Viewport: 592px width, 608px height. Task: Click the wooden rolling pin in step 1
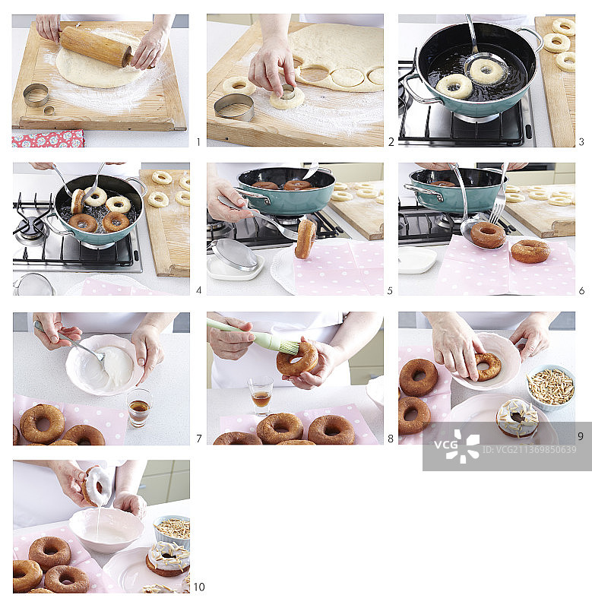tap(97, 46)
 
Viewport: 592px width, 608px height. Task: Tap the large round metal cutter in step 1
tap(36, 95)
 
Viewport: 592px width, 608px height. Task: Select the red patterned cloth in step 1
tap(48, 138)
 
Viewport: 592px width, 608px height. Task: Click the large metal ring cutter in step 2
tap(234, 107)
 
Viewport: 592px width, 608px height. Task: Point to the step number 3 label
tap(581, 142)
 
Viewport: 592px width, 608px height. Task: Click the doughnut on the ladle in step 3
tap(486, 71)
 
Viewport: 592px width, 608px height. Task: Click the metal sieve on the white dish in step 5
tap(235, 255)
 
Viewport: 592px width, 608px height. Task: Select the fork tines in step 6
tap(496, 213)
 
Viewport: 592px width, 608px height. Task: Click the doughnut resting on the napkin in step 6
tap(530, 252)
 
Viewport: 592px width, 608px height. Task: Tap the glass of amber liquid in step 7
tap(139, 407)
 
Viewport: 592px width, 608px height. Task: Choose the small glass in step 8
tap(261, 396)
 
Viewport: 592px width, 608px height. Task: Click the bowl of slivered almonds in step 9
tap(550, 386)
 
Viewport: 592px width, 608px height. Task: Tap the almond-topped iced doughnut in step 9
tap(518, 418)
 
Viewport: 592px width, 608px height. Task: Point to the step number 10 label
tap(199, 587)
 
